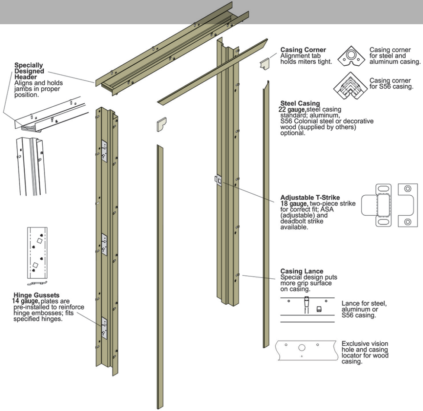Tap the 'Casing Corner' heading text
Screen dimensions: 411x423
303,50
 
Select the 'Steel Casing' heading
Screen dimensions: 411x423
300,103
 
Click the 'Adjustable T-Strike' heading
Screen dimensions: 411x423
310,198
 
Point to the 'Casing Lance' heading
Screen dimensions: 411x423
301,271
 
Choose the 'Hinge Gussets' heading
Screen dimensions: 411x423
33,295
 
